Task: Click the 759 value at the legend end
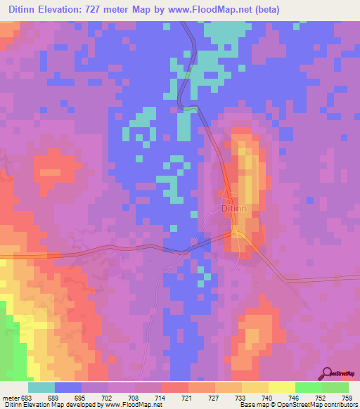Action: (x=337, y=397)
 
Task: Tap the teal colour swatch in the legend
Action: (x=41, y=387)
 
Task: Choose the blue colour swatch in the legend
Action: (x=68, y=387)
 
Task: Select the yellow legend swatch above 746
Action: (x=282, y=387)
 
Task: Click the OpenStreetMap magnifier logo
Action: (x=326, y=373)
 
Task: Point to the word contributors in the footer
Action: (x=338, y=405)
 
